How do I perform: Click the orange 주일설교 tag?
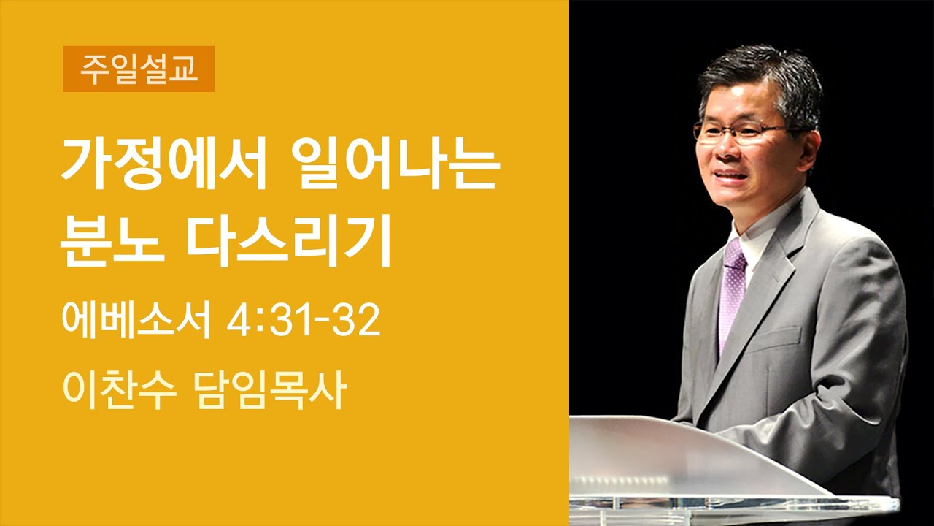point(138,69)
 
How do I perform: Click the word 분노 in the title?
point(109,247)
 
